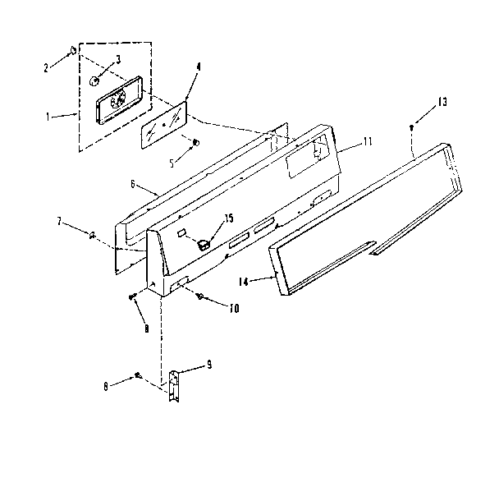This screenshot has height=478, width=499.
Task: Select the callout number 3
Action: click(117, 59)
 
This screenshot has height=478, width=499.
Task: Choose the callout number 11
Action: click(367, 141)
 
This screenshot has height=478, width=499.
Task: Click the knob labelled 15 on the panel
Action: click(204, 242)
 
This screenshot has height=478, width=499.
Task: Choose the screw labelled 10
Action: click(199, 296)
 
